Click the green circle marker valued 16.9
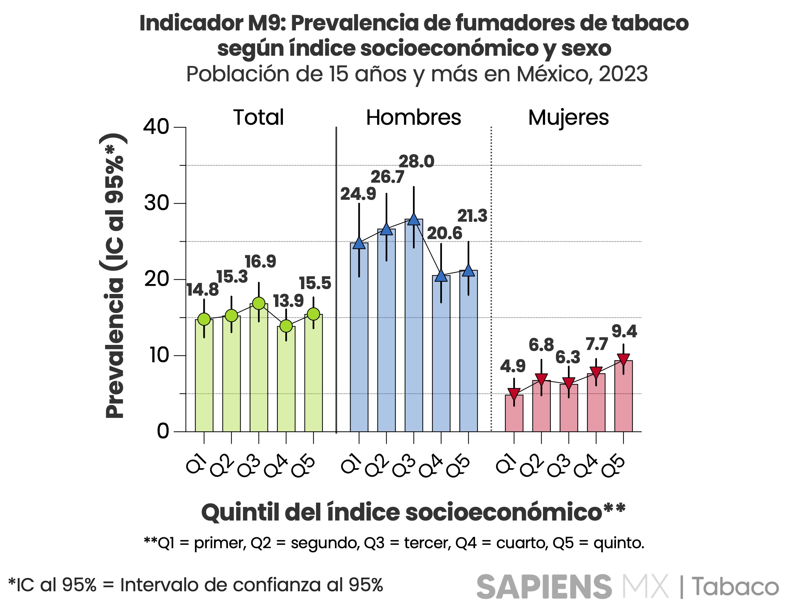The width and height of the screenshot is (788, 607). click(x=259, y=303)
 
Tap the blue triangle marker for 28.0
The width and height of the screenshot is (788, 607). click(x=414, y=219)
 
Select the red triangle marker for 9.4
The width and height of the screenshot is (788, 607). click(x=624, y=359)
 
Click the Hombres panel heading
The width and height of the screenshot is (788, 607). click(x=414, y=118)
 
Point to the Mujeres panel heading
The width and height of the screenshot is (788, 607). click(x=568, y=118)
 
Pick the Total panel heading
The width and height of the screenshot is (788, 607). click(x=258, y=118)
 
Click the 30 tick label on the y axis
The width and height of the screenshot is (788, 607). click(x=157, y=203)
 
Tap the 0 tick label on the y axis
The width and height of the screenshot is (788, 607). click(x=163, y=431)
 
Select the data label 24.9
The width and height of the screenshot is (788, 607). click(x=358, y=194)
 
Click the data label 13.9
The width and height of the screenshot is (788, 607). click(x=288, y=301)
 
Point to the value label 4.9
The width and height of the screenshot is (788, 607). click(x=513, y=366)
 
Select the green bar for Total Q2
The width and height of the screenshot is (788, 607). click(x=231, y=376)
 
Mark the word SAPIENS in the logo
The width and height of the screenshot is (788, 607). click(x=544, y=587)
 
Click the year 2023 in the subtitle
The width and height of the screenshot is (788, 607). click(x=623, y=74)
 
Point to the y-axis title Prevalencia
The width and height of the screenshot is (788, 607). click(x=115, y=347)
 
